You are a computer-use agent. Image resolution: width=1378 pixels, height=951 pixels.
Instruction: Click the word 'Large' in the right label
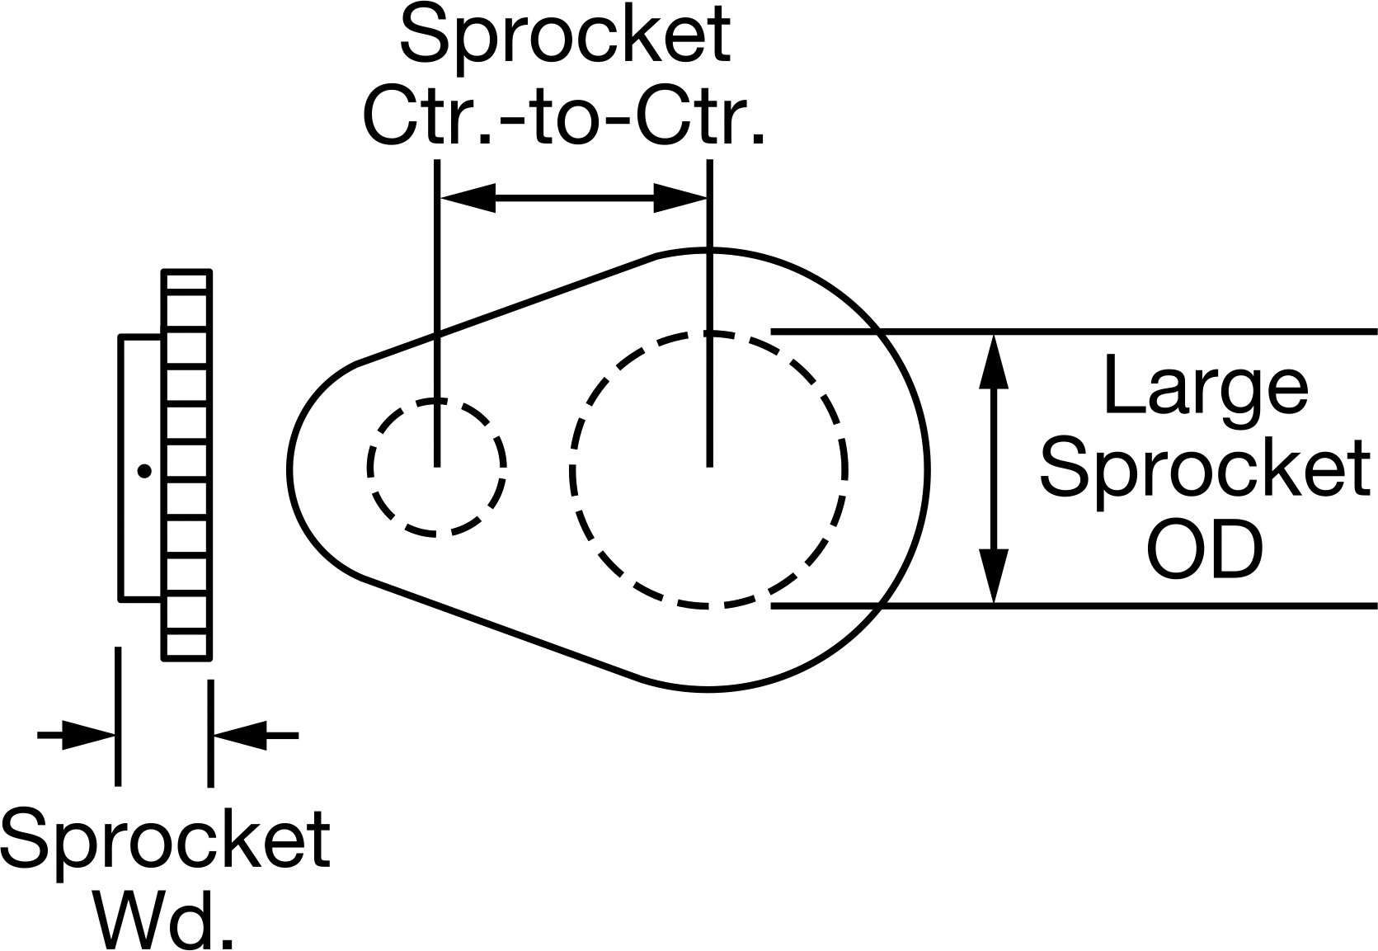click(1206, 385)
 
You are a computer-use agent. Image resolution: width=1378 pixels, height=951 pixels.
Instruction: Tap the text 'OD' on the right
click(1205, 550)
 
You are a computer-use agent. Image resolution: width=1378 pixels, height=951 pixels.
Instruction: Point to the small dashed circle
click(369, 468)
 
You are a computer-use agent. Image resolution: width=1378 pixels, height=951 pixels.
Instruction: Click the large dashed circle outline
click(571, 471)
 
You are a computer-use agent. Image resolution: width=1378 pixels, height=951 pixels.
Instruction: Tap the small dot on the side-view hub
click(144, 471)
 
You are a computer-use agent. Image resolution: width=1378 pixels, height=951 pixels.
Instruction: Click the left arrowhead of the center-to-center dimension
click(468, 198)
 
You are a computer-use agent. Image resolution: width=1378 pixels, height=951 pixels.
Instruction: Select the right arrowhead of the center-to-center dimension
click(680, 198)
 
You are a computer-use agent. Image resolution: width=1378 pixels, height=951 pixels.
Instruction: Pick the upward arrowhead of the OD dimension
click(994, 362)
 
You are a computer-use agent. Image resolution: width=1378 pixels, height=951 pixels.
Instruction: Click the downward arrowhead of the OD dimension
click(994, 576)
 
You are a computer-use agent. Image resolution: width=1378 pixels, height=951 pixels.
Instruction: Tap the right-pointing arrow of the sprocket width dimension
click(77, 735)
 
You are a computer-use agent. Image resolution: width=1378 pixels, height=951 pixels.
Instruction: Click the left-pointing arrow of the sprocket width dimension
click(256, 735)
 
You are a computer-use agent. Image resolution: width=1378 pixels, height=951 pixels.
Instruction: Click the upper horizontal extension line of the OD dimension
click(1074, 332)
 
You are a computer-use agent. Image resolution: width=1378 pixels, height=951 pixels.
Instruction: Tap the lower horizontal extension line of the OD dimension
click(1074, 606)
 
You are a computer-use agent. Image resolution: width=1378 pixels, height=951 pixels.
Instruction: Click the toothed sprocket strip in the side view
click(187, 465)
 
